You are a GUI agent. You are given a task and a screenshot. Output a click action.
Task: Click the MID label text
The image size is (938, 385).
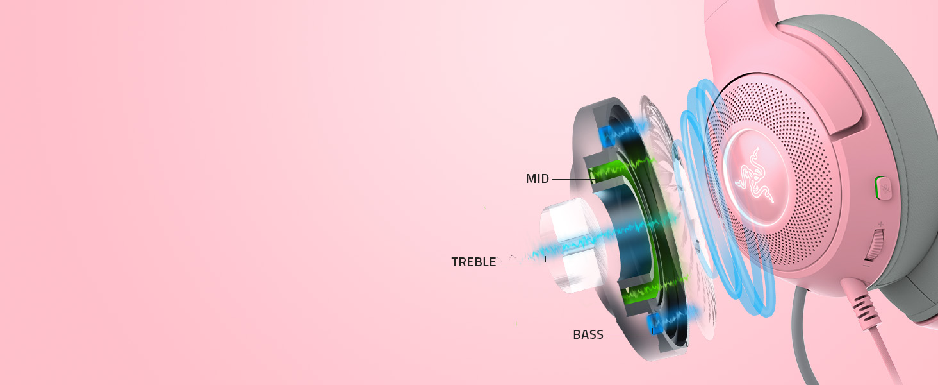[x=537, y=179]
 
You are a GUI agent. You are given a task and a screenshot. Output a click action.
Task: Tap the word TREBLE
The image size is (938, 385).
[x=473, y=262]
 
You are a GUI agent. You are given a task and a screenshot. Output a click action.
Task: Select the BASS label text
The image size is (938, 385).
[x=588, y=334]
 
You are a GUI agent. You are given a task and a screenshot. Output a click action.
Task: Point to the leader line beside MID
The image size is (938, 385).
[x=570, y=179]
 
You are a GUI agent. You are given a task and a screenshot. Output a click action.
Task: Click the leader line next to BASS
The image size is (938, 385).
[x=628, y=334]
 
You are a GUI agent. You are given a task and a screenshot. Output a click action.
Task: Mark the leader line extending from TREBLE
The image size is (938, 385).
[x=522, y=261]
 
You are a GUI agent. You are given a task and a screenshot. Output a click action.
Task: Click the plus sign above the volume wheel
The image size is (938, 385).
[x=880, y=224]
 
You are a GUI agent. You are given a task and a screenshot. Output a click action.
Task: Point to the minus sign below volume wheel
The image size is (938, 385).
[x=867, y=265]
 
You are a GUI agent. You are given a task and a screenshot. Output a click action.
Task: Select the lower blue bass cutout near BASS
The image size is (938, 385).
[x=655, y=323]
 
